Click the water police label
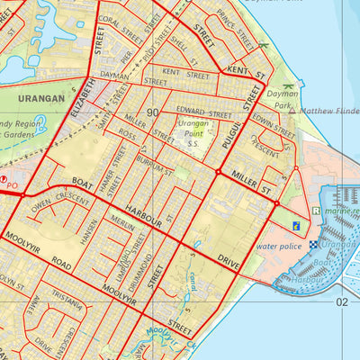coord(279,244)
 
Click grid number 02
coord(342,301)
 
